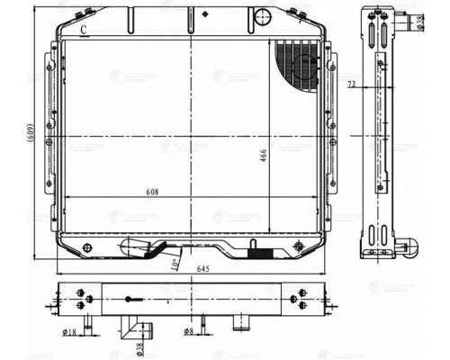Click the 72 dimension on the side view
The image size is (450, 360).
[x=351, y=85]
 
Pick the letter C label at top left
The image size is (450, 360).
[x=83, y=30]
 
